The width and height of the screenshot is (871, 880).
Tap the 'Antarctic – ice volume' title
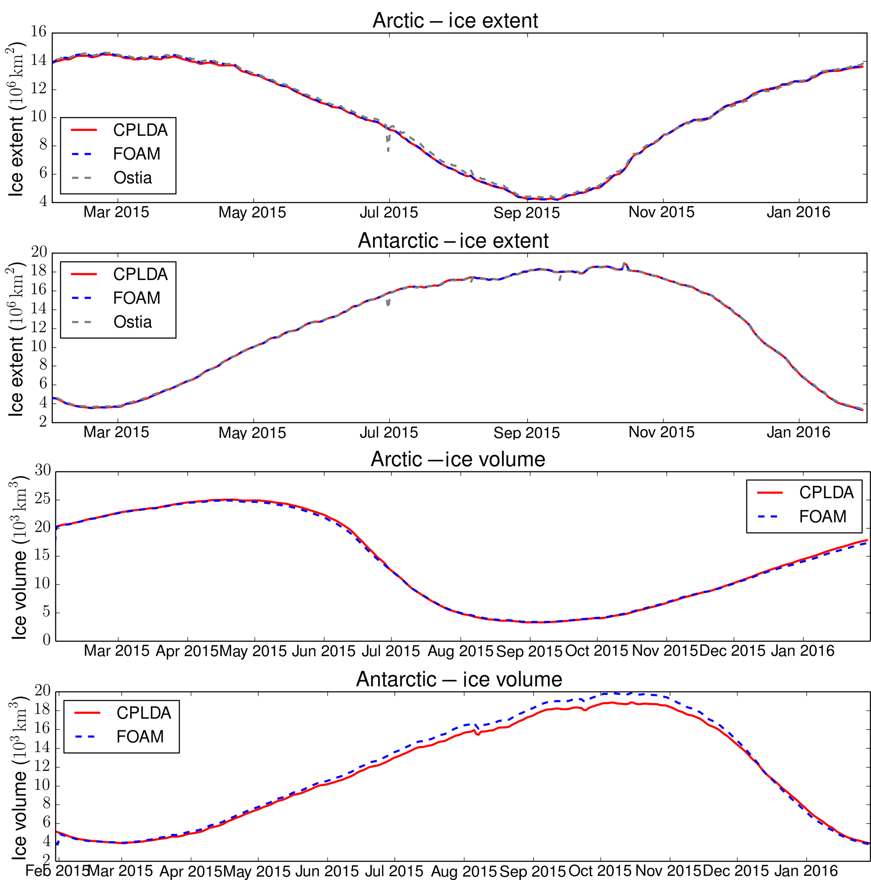click(x=458, y=679)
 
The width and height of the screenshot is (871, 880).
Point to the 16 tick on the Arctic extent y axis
click(x=39, y=32)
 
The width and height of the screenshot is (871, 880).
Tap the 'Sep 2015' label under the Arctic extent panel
click(x=526, y=213)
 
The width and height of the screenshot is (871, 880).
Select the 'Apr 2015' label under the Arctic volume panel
click(x=187, y=651)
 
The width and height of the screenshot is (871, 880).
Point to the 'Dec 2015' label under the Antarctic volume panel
click(x=735, y=871)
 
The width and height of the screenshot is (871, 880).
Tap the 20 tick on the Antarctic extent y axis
click(x=39, y=252)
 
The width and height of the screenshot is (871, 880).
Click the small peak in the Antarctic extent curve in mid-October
click(x=624, y=263)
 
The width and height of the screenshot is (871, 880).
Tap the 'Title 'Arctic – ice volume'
click(x=458, y=459)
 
